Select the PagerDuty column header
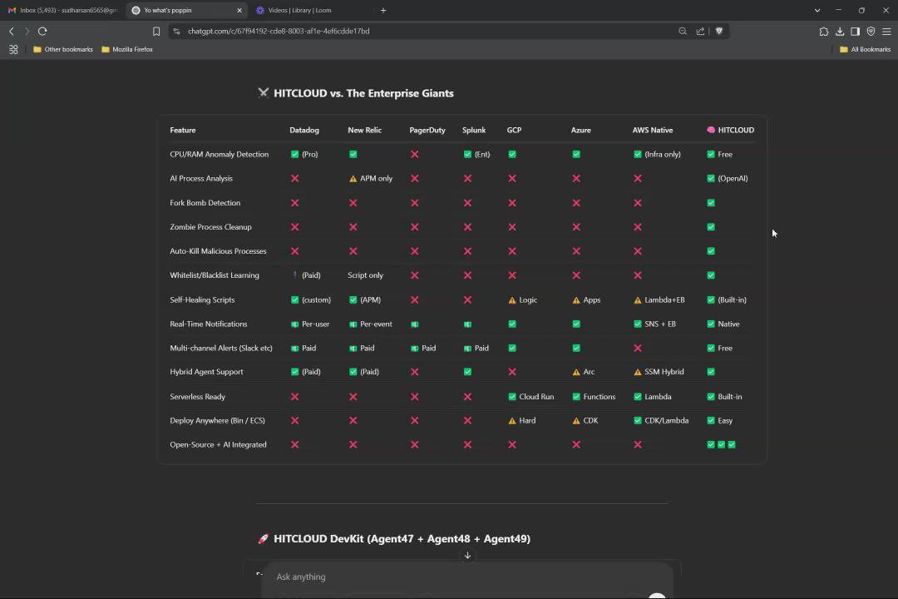[x=427, y=130]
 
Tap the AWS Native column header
[x=653, y=130]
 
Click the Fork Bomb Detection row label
[x=205, y=203]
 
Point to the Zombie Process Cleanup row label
[x=210, y=227]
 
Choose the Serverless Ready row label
[x=198, y=397]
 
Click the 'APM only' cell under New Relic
[x=371, y=179]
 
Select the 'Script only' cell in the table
[x=365, y=275]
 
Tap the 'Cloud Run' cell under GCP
[x=530, y=397]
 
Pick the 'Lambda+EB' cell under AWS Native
[x=659, y=300]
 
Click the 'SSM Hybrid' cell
[x=659, y=372]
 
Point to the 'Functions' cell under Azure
[x=594, y=397]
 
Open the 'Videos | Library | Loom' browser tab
[x=299, y=10]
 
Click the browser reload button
[x=42, y=31]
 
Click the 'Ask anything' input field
[x=466, y=577]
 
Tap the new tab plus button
[x=383, y=10]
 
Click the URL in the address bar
[x=279, y=31]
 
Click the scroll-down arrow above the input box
[x=467, y=555]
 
